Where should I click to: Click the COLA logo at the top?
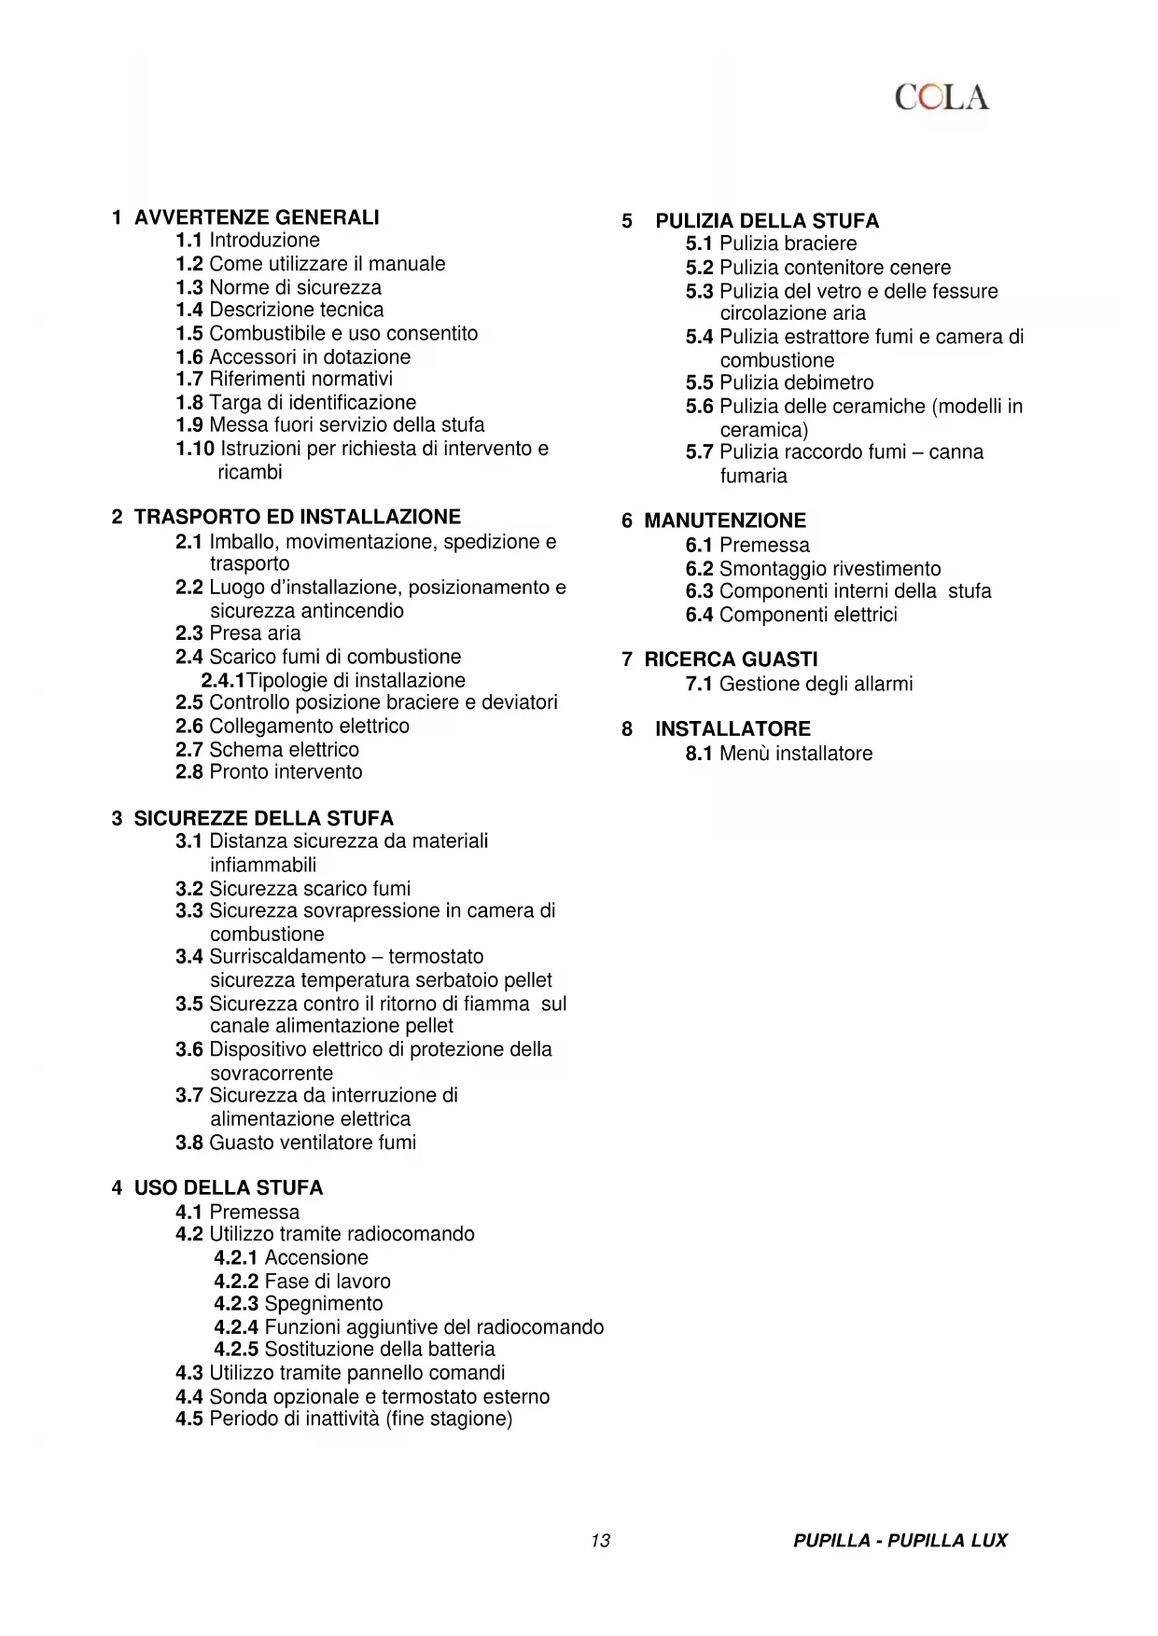[x=942, y=97]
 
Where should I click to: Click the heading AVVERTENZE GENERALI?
[x=257, y=217]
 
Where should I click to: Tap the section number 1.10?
[x=195, y=449]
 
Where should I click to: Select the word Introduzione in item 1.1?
[x=264, y=240]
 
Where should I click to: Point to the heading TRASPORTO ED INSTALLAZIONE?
[x=297, y=517]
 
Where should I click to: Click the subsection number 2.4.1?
[x=223, y=681]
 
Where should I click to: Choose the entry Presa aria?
[x=255, y=633]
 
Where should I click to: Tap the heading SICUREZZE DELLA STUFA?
[x=263, y=818]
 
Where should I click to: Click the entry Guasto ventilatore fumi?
[x=313, y=1143]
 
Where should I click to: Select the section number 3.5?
[x=188, y=1004]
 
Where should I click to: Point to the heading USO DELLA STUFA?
[x=228, y=1187]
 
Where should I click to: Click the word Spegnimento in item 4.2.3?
[x=323, y=1304]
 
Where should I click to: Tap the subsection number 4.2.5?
[x=236, y=1350]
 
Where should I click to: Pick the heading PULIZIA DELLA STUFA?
[x=766, y=221]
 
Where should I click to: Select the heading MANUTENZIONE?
[x=725, y=520]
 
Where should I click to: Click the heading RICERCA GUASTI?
[x=731, y=659]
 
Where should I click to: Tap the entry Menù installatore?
[x=796, y=754]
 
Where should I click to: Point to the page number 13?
[x=600, y=1541]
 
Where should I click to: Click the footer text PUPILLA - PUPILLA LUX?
[x=900, y=1541]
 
